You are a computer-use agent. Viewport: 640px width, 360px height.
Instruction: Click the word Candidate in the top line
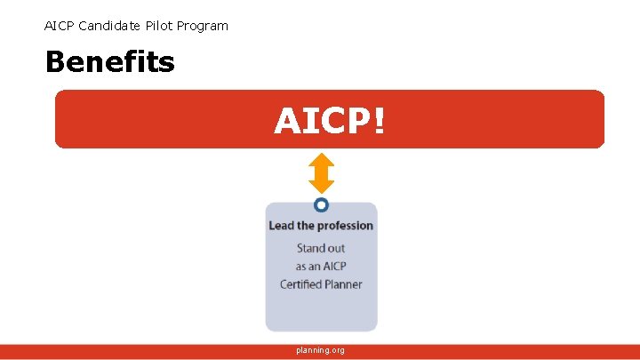point(108,26)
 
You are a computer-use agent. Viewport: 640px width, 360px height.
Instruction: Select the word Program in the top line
point(204,26)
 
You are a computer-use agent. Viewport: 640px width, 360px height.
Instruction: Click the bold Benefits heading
point(109,62)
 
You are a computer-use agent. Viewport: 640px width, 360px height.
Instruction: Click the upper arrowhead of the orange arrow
point(321,161)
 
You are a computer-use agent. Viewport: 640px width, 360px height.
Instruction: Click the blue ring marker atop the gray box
point(321,204)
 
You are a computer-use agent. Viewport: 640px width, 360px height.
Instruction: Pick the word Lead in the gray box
point(281,226)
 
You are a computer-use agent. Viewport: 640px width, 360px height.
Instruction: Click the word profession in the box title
point(346,226)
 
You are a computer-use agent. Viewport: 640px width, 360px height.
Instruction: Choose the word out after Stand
point(336,248)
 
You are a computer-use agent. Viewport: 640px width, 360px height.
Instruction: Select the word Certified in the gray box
point(301,284)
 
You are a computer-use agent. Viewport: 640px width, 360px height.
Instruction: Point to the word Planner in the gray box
point(344,284)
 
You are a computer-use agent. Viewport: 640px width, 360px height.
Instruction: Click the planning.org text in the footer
point(321,350)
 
